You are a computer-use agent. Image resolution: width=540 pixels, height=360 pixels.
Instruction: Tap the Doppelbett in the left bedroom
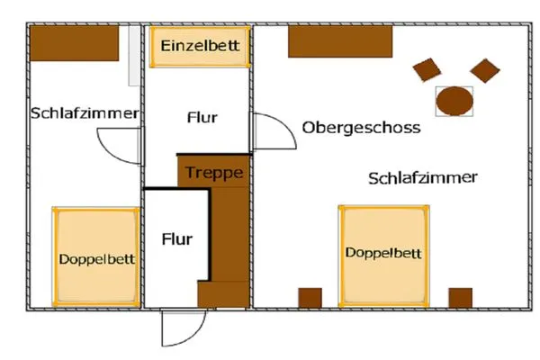click(96, 257)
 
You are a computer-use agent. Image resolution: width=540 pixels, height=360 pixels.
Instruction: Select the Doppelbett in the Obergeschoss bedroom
click(382, 253)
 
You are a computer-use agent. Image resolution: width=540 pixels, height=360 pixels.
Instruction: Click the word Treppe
click(214, 172)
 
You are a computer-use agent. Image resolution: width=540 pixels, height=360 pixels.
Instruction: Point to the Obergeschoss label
click(362, 128)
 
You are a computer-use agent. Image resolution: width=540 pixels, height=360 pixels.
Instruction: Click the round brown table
click(454, 100)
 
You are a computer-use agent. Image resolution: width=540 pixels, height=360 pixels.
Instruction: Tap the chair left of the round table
click(427, 69)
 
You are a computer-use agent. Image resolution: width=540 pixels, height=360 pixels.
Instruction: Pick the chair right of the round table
click(485, 69)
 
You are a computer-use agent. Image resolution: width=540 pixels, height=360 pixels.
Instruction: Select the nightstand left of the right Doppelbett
click(310, 298)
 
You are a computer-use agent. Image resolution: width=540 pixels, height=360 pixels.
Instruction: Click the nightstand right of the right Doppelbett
click(460, 298)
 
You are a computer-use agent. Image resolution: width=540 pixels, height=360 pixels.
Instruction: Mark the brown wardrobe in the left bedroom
click(75, 42)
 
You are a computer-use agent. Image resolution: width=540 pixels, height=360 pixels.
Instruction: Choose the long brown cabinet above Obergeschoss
click(340, 41)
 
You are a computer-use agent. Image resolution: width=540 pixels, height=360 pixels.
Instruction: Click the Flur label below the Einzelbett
click(202, 117)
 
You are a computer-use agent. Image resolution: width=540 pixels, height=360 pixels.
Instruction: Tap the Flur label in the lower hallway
click(177, 239)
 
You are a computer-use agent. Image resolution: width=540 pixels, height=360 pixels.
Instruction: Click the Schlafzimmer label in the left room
click(85, 113)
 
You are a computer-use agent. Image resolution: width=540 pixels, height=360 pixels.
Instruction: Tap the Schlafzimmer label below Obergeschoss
click(422, 177)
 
